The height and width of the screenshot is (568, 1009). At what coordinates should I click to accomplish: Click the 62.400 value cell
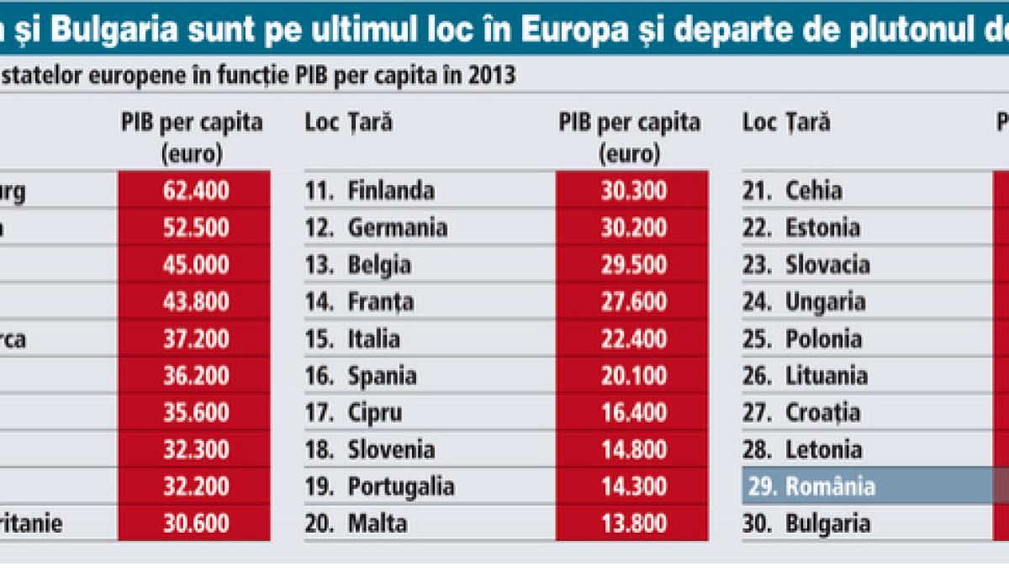pyautogui.click(x=195, y=191)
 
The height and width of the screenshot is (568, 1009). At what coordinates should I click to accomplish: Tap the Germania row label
pyautogui.click(x=397, y=228)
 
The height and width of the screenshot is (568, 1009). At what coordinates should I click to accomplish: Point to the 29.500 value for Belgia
pyautogui.click(x=634, y=265)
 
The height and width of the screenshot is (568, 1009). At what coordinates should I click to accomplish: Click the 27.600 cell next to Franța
pyautogui.click(x=634, y=302)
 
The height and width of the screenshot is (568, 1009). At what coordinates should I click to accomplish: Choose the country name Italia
pyautogui.click(x=373, y=339)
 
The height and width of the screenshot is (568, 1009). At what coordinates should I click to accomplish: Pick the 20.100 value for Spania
pyautogui.click(x=634, y=376)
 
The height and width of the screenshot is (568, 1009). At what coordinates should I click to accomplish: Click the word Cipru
pyautogui.click(x=374, y=413)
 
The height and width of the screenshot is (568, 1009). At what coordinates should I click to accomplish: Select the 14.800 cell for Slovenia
pyautogui.click(x=634, y=450)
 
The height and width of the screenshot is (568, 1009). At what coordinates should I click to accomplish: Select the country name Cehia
pyautogui.click(x=813, y=191)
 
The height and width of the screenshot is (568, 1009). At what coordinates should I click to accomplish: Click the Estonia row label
pyautogui.click(x=822, y=228)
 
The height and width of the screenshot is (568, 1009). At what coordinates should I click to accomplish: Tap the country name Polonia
pyautogui.click(x=823, y=339)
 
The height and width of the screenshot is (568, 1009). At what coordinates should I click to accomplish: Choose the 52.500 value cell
pyautogui.click(x=195, y=228)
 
